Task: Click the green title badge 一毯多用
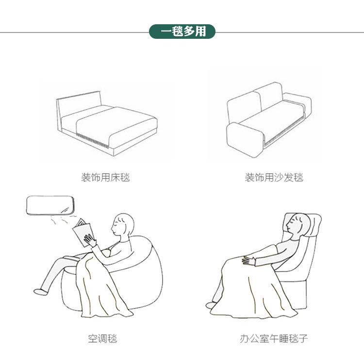(x=182, y=32)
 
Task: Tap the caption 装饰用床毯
(x=105, y=177)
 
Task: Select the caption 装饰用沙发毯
(x=274, y=177)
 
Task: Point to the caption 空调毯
(x=102, y=339)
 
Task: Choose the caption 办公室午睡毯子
(x=274, y=339)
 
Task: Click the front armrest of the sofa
(x=245, y=140)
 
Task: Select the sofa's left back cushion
(x=244, y=107)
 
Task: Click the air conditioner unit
(x=50, y=205)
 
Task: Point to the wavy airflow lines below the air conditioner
(x=63, y=219)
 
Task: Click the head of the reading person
(x=123, y=225)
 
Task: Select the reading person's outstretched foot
(x=40, y=292)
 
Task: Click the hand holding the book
(x=90, y=240)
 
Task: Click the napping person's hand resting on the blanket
(x=248, y=261)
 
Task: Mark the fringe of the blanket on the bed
(x=92, y=141)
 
